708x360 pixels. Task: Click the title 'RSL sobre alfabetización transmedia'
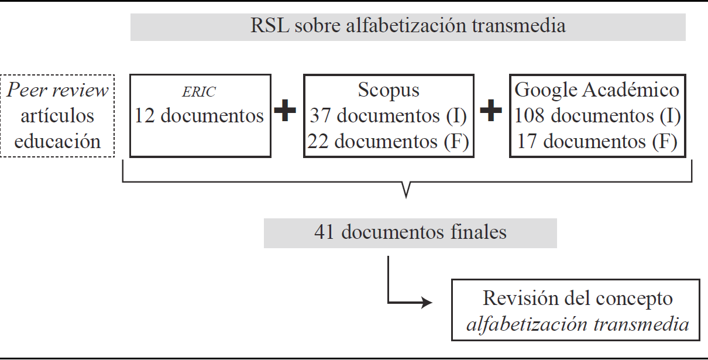coord(408,26)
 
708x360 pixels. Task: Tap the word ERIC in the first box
coord(200,92)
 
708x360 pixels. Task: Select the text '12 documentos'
coord(200,116)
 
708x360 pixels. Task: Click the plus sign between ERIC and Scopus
coord(286,112)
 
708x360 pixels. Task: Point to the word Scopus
coord(389,91)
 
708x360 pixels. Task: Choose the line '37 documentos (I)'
coord(389,116)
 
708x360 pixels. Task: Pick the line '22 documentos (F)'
coord(389,141)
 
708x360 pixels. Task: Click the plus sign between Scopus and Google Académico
coord(491,112)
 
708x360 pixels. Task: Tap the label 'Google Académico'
coord(597,90)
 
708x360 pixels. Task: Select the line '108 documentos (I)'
coord(597,116)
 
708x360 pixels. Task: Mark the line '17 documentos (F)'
coord(597,141)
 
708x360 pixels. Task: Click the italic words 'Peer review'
coord(57,91)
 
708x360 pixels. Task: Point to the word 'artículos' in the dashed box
coord(57,116)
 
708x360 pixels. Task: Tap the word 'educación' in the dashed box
coord(57,141)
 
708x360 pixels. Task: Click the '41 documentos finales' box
coord(410,232)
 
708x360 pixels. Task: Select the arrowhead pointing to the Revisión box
coord(427,303)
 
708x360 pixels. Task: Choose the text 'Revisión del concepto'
coord(578,298)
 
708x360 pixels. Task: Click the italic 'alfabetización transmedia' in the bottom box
coord(578,324)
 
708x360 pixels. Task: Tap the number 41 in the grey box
coord(324,232)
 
